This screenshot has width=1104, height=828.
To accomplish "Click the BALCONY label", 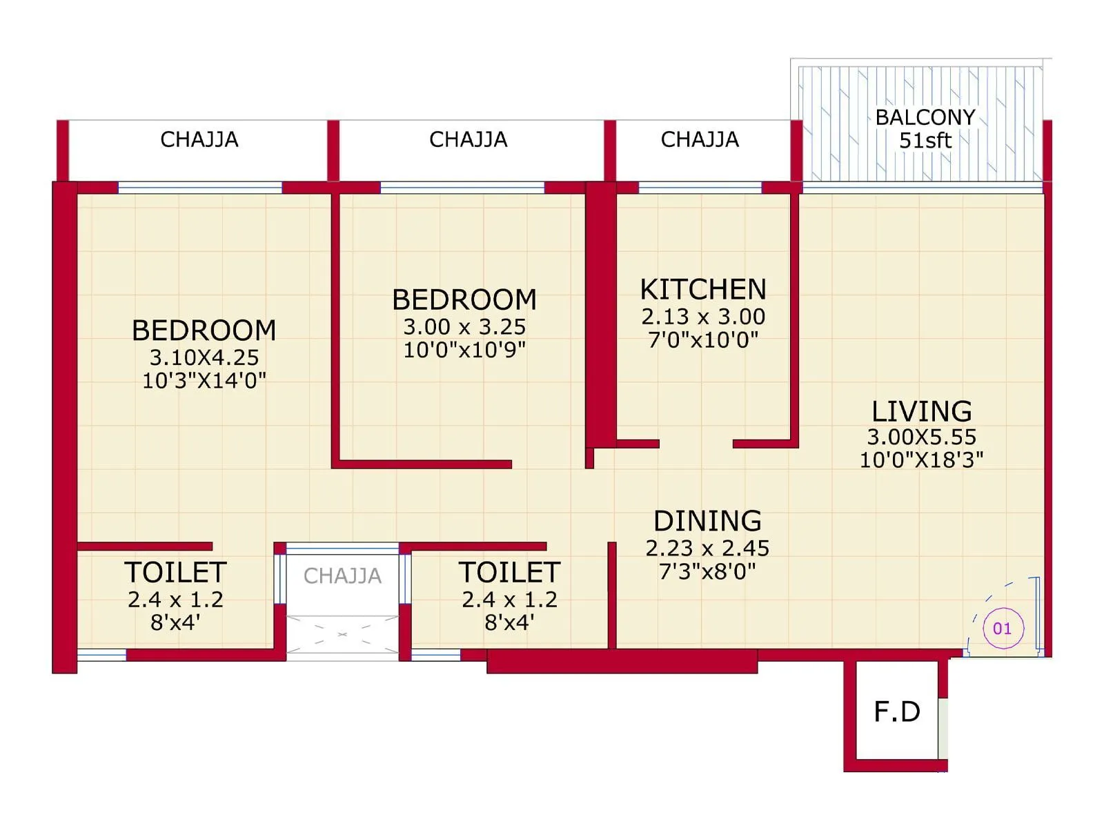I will pos(925,117).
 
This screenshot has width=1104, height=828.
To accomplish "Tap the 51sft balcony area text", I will pos(925,141).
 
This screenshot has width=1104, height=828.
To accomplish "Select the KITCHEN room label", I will pos(703,289).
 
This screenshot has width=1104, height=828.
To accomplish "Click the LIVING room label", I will pos(921,411).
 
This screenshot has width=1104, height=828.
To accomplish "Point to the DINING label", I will pos(707,521).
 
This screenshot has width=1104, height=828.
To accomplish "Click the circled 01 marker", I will pos(1002,629).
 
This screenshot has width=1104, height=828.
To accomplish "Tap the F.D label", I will pos(896,711).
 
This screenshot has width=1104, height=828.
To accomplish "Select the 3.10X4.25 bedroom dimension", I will pos(204,357).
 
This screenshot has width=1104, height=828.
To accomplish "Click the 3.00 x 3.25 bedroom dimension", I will pos(464,326).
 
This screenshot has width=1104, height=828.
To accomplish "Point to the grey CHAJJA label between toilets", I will pos(342,575).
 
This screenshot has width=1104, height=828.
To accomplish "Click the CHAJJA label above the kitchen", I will pos(700,139).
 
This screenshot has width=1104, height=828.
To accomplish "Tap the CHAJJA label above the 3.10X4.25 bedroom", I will pos(199,139).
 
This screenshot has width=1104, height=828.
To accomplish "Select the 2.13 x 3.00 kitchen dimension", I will pos(703,317).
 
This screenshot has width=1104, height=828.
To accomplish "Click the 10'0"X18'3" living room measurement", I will pos(921,460).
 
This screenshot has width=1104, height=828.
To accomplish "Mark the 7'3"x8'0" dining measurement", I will pos(707,571).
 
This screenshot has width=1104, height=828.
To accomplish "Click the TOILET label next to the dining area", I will pos(509,573).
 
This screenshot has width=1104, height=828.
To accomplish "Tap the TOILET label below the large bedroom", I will pos(175,573).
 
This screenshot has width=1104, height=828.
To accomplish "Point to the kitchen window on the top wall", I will pos(700,188).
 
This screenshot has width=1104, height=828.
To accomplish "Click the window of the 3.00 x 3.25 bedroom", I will pos(462,188).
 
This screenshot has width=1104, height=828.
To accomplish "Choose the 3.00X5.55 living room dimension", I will pos(921,437).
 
